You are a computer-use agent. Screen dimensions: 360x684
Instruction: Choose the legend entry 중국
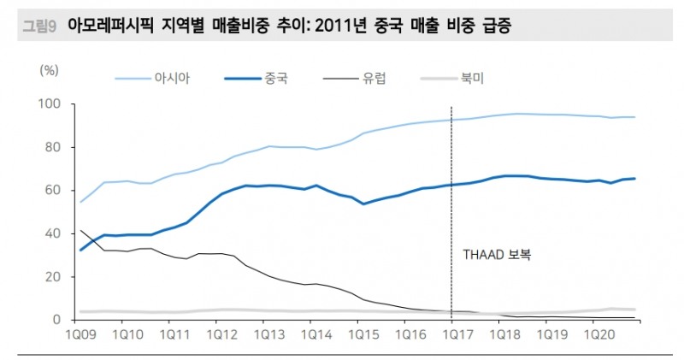tap(275, 80)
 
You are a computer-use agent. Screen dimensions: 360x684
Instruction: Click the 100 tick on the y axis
tap(50, 104)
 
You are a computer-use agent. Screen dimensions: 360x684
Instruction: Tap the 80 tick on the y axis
tap(53, 147)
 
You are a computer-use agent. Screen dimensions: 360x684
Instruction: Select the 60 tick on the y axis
tap(53, 190)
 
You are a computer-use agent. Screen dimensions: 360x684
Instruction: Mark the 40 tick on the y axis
tap(53, 233)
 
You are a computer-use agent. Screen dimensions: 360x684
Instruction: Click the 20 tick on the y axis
tap(53, 277)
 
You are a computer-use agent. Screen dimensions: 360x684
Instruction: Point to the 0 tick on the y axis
tap(56, 320)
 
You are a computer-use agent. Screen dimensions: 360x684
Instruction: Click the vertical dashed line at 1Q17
tap(451, 214)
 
